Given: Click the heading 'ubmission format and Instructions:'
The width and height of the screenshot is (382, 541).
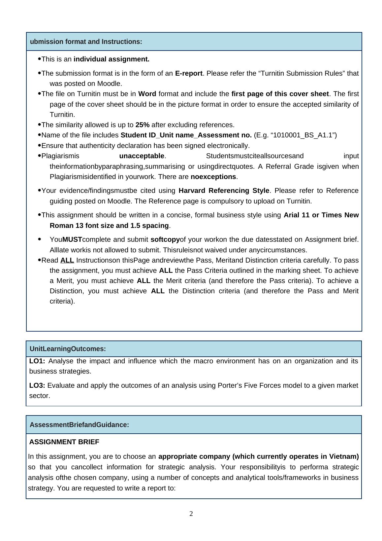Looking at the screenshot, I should point(86,42).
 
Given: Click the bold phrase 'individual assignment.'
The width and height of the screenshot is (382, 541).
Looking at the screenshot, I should point(111,59).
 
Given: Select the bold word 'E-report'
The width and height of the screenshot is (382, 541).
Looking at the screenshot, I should point(189,73).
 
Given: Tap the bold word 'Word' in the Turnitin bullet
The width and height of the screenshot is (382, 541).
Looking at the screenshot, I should point(147,94).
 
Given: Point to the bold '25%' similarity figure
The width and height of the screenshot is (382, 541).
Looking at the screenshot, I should point(142,125).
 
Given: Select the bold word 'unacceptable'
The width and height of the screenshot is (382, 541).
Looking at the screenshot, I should point(142,156).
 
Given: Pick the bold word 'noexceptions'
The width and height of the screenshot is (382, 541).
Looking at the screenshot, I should point(213,177).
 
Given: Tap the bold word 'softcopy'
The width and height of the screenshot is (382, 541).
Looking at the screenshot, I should point(165,239).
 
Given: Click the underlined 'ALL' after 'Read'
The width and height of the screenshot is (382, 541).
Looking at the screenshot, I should point(67,260).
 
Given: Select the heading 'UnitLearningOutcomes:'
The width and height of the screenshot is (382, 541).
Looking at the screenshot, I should point(68,349).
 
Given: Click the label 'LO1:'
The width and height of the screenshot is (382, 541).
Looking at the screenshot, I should point(37,361).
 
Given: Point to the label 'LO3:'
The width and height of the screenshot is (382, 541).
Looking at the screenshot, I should point(37,385).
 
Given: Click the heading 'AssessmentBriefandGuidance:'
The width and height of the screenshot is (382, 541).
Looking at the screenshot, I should point(79,425).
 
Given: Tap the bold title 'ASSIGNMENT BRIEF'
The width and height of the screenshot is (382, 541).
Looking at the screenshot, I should point(64,442).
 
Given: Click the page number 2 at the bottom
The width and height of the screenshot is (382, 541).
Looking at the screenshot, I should point(191,514).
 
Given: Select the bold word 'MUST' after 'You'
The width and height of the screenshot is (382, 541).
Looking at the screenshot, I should point(72,239).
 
